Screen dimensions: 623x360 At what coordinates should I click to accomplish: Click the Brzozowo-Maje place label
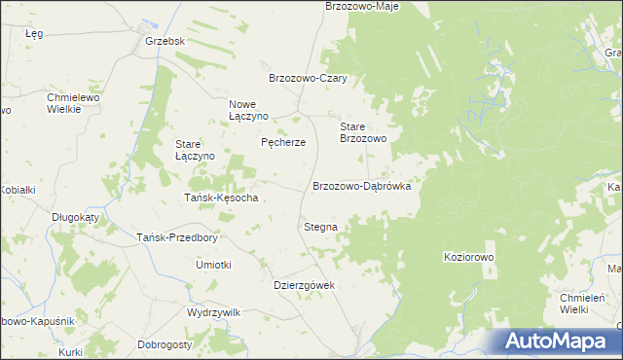[361, 6]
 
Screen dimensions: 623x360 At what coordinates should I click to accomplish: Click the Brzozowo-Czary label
[308, 79]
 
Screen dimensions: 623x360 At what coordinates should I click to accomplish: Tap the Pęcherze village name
[283, 142]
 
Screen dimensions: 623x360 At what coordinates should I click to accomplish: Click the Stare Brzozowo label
[363, 133]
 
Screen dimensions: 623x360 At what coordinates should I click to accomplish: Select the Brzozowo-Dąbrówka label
[361, 185]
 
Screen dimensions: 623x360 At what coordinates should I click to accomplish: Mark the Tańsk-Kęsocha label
[221, 198]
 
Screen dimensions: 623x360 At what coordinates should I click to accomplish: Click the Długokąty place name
[76, 218]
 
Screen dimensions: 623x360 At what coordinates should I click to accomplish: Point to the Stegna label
[320, 227]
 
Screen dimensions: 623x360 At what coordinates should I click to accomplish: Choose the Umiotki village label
[213, 265]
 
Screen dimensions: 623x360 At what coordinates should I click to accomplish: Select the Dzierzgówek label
[304, 285]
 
